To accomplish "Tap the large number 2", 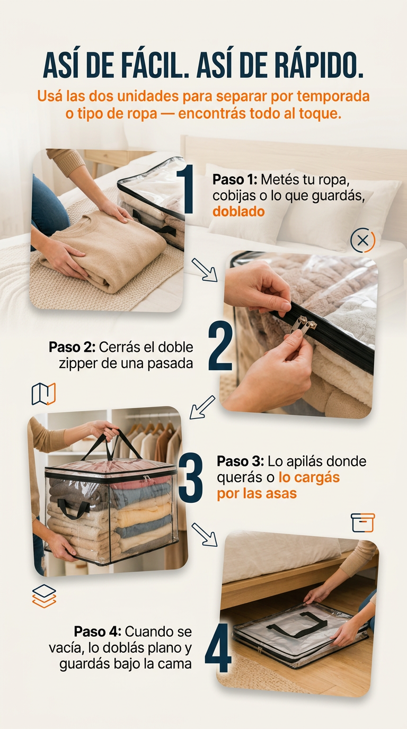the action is pos(220,345).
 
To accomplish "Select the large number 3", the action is pos(191,477).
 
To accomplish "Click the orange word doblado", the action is pos(238,212).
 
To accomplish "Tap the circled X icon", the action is pos(362,241).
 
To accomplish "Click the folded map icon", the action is pos(43,394).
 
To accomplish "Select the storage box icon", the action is pos(362,523).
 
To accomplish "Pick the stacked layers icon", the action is pos(45,596).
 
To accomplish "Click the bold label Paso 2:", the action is pos(72,347).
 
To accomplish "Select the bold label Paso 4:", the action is pos(98,632).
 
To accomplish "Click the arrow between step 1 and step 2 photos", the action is pos(205,270).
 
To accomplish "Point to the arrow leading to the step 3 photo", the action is pos(202,407).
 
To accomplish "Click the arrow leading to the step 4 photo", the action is pos(205,535).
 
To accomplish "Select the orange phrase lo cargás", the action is pos(309,477).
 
